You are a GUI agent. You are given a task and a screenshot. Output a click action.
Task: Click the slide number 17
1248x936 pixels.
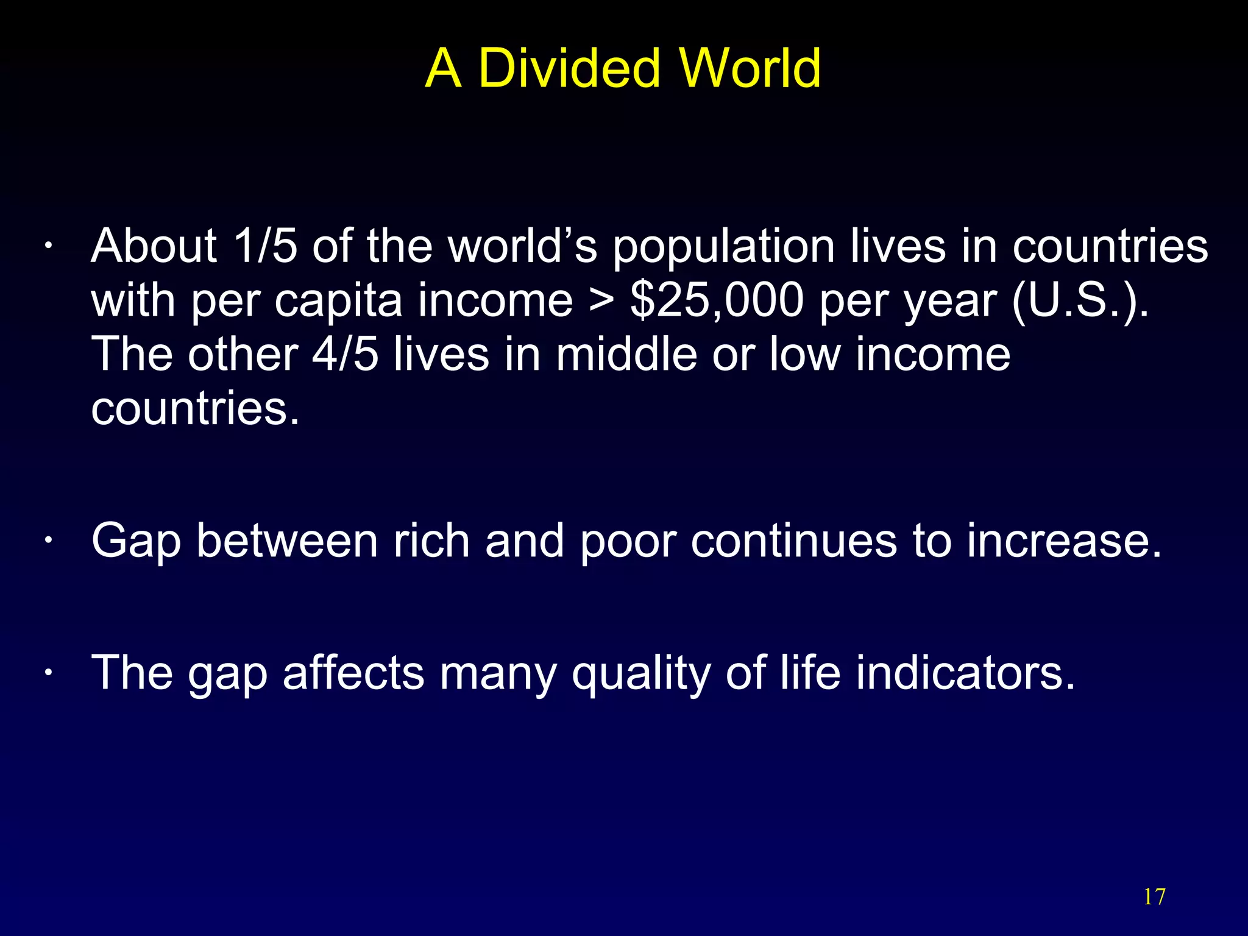point(1154,897)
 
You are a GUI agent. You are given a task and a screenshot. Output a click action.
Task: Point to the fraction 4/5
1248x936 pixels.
point(345,354)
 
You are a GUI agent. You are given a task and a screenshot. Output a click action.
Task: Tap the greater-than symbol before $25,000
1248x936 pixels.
point(601,301)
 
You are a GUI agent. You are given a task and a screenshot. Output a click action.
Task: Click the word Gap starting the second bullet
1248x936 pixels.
point(136,542)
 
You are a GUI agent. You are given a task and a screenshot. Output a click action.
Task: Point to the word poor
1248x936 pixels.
point(628,542)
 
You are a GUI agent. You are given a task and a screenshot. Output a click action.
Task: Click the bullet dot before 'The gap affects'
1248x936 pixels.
point(47,673)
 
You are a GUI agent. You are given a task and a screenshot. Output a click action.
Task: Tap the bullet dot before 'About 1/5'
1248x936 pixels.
point(47,247)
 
